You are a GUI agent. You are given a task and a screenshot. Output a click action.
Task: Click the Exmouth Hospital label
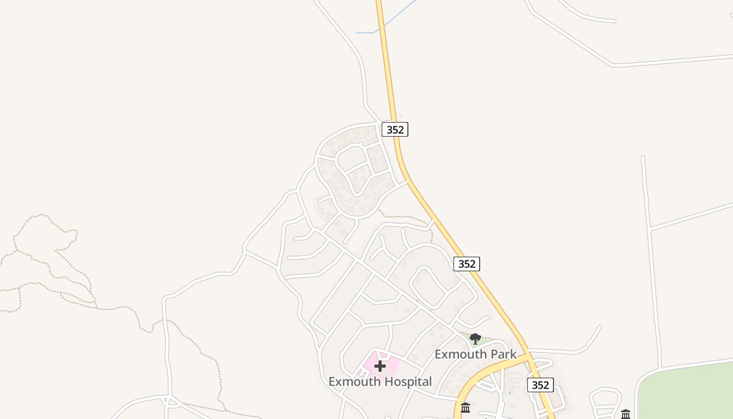[x=380, y=382]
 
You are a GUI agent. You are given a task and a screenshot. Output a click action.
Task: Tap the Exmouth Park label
[x=475, y=355]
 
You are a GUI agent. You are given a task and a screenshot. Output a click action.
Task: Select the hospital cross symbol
[x=381, y=366]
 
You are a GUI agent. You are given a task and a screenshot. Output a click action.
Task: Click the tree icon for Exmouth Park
[x=475, y=339]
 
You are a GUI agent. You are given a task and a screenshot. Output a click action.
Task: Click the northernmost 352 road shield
[x=395, y=129]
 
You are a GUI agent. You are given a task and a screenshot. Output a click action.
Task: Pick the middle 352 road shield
[x=467, y=264]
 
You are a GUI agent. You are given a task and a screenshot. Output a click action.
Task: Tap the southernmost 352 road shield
[x=540, y=385]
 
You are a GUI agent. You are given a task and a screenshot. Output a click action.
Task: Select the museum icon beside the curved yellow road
[x=465, y=407]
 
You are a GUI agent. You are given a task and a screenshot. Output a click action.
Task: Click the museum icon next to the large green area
[x=626, y=414]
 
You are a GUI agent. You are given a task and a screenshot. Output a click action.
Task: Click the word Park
[x=503, y=355]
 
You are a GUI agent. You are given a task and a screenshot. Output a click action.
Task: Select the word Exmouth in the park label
[x=460, y=355]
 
